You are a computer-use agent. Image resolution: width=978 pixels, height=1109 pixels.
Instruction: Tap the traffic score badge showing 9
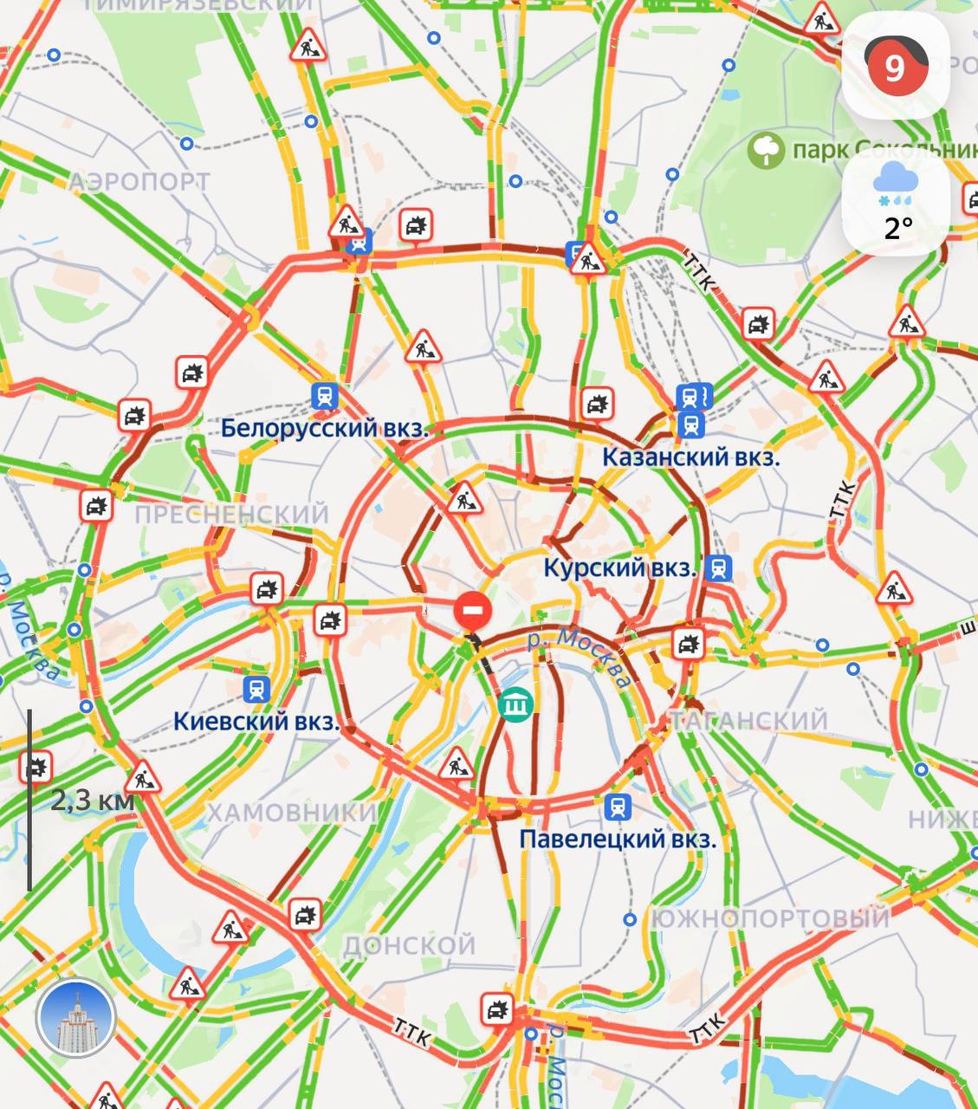[x=895, y=66]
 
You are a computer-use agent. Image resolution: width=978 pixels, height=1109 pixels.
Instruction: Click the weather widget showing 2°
[x=897, y=204]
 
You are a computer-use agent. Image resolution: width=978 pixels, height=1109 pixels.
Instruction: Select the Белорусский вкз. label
[x=325, y=428]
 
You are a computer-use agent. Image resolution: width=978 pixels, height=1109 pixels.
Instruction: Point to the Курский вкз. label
[x=620, y=568]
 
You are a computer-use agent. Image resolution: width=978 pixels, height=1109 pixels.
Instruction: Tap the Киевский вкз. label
[x=256, y=721]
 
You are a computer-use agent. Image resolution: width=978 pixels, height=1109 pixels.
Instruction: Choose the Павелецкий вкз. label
[x=618, y=839]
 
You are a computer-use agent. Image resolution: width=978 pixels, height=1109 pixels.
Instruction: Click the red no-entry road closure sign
[x=473, y=611]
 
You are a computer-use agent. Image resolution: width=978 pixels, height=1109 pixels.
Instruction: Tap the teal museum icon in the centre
[x=516, y=705]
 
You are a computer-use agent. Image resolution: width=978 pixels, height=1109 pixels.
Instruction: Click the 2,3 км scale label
[x=92, y=800]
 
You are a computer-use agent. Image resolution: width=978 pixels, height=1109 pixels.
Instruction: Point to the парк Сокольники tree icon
[x=766, y=151]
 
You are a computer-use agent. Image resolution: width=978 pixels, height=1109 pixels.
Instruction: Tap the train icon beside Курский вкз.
[x=718, y=568]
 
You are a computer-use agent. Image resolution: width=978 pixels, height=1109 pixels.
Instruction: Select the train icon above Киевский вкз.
[x=256, y=690]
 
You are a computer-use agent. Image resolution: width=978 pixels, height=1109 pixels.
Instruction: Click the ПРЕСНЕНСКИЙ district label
[x=232, y=514]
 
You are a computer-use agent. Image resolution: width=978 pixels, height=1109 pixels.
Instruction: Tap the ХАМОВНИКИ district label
[x=291, y=813]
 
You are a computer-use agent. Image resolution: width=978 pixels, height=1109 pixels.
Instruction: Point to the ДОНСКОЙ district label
[x=410, y=944]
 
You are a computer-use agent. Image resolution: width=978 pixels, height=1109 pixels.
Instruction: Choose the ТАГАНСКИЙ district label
[x=748, y=720]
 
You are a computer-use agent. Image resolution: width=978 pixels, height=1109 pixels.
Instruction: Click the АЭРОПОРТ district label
[x=139, y=181]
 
